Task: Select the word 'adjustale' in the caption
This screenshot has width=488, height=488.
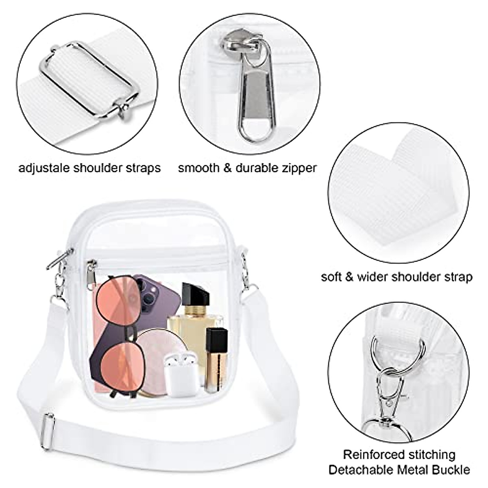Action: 44,168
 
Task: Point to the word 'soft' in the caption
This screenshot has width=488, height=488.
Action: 332,277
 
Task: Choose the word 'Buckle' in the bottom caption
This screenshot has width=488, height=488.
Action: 449,470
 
